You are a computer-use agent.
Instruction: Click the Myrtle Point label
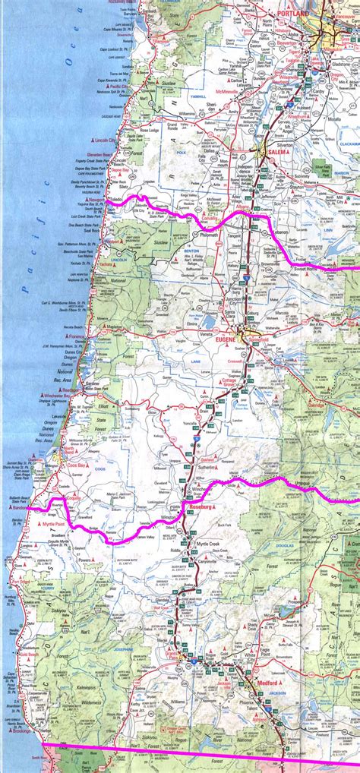click(x=55, y=525)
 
